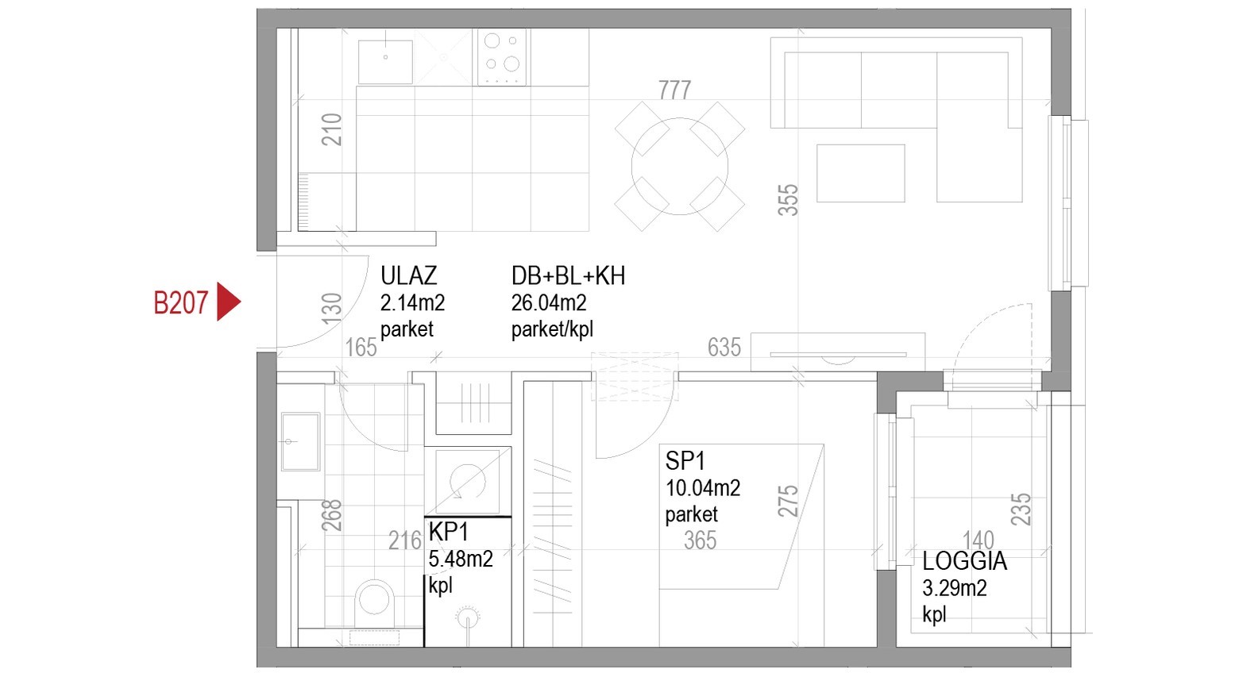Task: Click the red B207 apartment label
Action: (x=181, y=303)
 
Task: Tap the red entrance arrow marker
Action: (x=229, y=302)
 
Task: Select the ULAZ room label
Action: (x=409, y=275)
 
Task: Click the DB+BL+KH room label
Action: (x=568, y=275)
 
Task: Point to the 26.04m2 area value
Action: (x=549, y=303)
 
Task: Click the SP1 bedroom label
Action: (x=686, y=461)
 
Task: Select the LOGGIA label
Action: (x=964, y=561)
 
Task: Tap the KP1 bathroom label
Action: (x=449, y=532)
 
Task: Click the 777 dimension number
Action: (x=675, y=90)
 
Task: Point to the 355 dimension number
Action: (x=788, y=199)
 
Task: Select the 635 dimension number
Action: (x=724, y=348)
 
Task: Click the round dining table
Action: (x=680, y=167)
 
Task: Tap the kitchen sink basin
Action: (x=385, y=62)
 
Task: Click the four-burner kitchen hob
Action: (x=502, y=57)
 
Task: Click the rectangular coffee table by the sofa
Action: (x=861, y=174)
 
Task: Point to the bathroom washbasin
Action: (x=300, y=442)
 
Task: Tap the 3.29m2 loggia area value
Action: (x=955, y=588)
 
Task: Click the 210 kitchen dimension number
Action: (x=332, y=130)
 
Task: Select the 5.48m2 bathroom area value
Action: (x=461, y=560)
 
